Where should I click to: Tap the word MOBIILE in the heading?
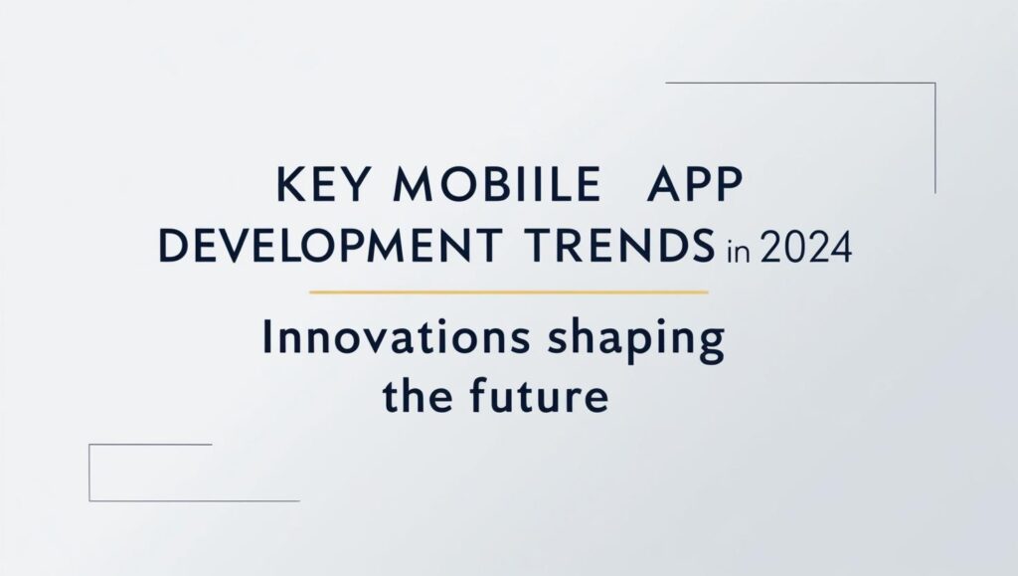[x=497, y=184]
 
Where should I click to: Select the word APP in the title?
[x=694, y=184]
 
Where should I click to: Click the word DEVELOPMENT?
[x=330, y=246]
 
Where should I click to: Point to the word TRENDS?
[x=619, y=246]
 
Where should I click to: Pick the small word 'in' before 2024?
[x=739, y=251]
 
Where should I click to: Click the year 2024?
[x=805, y=247]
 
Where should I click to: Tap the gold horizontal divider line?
[x=508, y=292]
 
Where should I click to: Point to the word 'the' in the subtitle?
[x=414, y=395]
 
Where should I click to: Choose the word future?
[x=538, y=395]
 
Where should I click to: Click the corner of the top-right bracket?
[x=934, y=84]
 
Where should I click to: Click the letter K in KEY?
[x=291, y=184]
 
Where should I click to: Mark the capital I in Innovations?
[x=266, y=337]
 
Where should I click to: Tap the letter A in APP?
[x=662, y=184]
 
